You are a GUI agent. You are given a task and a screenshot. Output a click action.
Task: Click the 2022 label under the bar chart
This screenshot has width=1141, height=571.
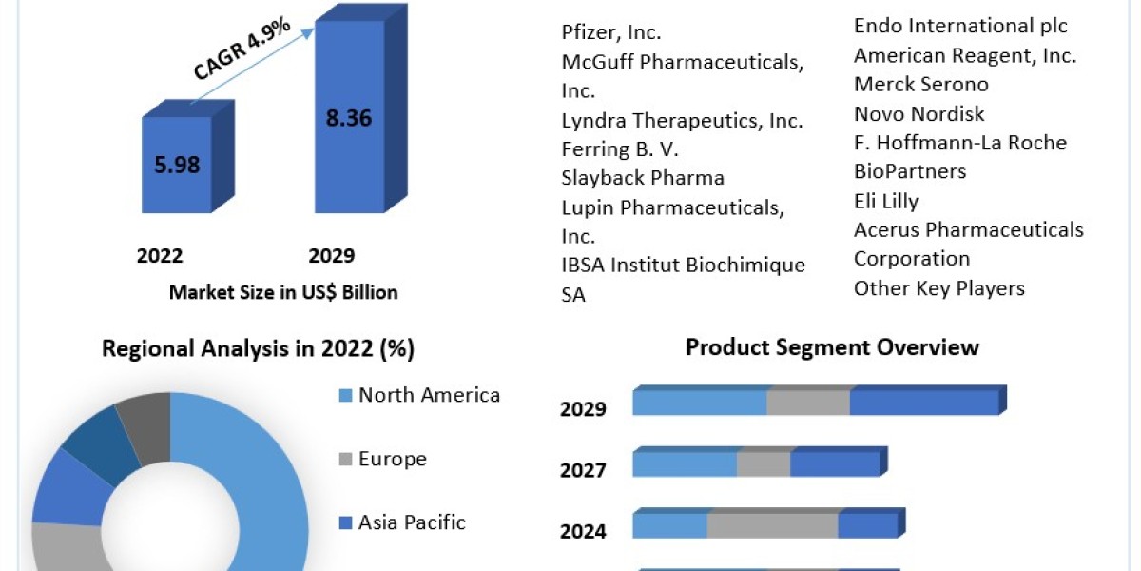160,256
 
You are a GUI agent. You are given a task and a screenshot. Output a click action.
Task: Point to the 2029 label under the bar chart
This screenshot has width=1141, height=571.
331,256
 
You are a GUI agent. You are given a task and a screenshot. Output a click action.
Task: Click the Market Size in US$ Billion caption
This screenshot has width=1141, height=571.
283,292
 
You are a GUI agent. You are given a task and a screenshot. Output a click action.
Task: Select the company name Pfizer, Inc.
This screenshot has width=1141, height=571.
611,32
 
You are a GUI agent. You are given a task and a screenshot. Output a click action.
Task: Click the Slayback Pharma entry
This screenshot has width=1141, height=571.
643,178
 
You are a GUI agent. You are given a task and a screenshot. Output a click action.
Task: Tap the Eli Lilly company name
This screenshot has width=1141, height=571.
885,202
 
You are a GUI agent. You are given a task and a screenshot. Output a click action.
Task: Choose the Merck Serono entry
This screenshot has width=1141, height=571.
920,85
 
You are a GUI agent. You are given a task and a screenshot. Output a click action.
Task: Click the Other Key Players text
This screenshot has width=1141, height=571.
938,288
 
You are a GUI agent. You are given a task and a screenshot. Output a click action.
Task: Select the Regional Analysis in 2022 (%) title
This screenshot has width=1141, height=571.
258,349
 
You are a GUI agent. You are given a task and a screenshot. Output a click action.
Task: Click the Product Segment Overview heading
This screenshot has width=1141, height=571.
832,347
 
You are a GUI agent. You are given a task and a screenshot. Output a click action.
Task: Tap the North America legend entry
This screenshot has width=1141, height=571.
428,395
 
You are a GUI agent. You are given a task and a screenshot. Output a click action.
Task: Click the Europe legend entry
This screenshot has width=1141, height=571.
391,460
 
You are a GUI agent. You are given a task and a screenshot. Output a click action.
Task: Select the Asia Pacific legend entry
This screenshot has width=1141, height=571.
411,522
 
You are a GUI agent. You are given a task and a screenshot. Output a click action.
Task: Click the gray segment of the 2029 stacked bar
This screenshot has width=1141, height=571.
808,403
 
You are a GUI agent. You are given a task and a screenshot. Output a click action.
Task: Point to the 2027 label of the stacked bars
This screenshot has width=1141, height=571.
583,470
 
